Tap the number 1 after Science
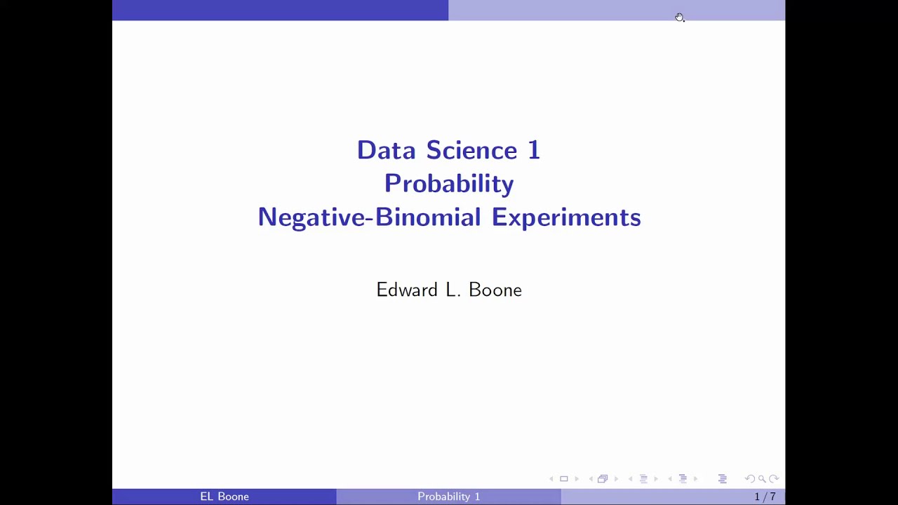click(534, 150)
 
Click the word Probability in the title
click(449, 184)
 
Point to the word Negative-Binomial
click(369, 217)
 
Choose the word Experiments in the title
click(566, 217)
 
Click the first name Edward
click(406, 290)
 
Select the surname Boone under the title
click(495, 290)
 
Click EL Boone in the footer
click(224, 497)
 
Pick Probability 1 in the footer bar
click(449, 497)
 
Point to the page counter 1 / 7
click(765, 497)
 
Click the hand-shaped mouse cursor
click(679, 17)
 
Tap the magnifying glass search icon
click(762, 479)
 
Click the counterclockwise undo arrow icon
click(749, 479)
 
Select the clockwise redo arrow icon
click(774, 479)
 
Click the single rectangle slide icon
click(563, 479)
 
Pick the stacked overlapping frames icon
click(602, 479)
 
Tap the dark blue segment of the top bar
click(281, 10)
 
